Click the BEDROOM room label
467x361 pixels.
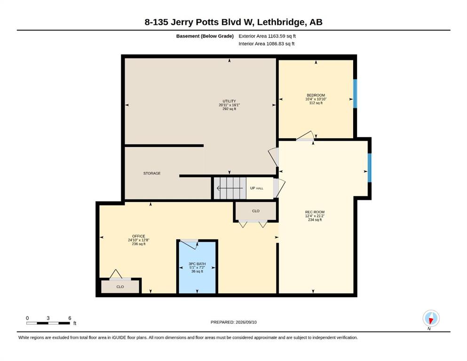tap(316, 95)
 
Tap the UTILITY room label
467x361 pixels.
tap(229, 101)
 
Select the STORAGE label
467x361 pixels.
tap(152, 173)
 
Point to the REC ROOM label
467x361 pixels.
tap(315, 212)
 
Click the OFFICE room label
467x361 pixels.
tap(138, 236)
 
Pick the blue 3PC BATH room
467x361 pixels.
tap(197, 267)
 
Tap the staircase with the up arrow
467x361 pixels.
tap(230, 188)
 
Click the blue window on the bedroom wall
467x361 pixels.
tap(355, 94)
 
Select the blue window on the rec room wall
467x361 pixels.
tap(370, 167)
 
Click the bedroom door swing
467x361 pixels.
tap(305, 136)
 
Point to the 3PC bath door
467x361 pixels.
tap(190, 243)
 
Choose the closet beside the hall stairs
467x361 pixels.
tap(255, 211)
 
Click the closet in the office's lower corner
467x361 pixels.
tap(120, 287)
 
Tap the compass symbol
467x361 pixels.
tap(431, 318)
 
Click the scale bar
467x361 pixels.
tap(48, 323)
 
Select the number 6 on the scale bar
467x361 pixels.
tap(70, 318)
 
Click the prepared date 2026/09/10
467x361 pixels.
tap(246, 322)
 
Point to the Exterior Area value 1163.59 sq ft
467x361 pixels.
tap(282, 36)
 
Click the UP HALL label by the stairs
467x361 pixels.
tap(256, 188)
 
